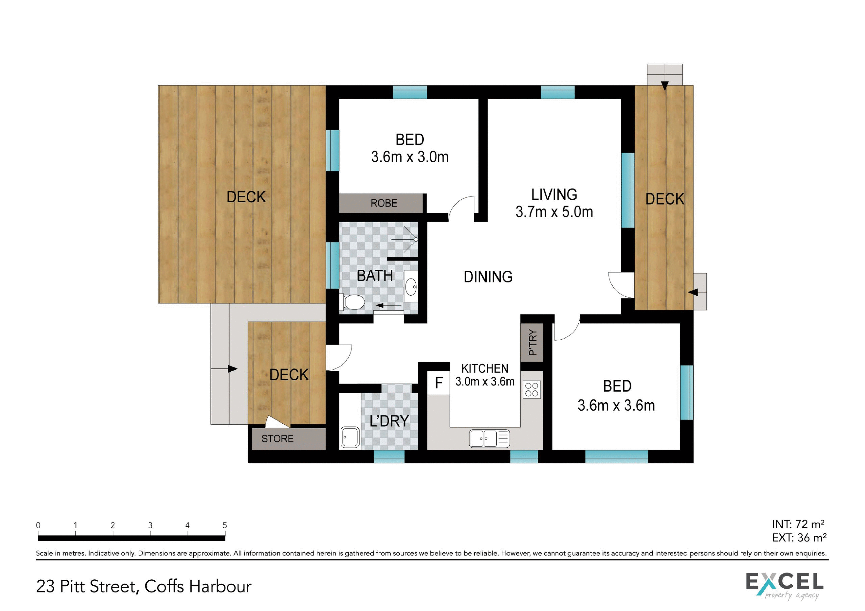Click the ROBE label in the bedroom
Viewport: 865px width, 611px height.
point(384,203)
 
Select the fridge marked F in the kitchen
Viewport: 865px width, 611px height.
point(439,383)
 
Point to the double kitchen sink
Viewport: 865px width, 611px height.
point(489,438)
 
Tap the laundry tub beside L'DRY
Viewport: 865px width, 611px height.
point(350,437)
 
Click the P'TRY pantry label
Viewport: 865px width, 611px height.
point(532,342)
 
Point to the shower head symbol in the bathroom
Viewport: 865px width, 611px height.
point(416,239)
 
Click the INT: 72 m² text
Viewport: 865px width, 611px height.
point(798,524)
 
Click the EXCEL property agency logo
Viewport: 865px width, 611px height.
point(785,585)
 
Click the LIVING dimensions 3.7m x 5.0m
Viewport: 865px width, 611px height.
point(554,212)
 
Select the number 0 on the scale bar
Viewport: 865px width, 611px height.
point(38,525)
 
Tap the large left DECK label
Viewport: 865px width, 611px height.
point(246,197)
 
